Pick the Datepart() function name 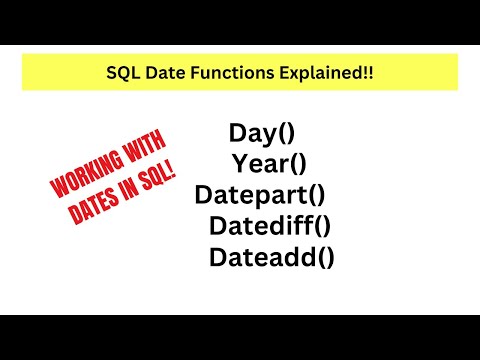pos(260,194)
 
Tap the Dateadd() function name pos(271,257)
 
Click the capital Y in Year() pos(240,163)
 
